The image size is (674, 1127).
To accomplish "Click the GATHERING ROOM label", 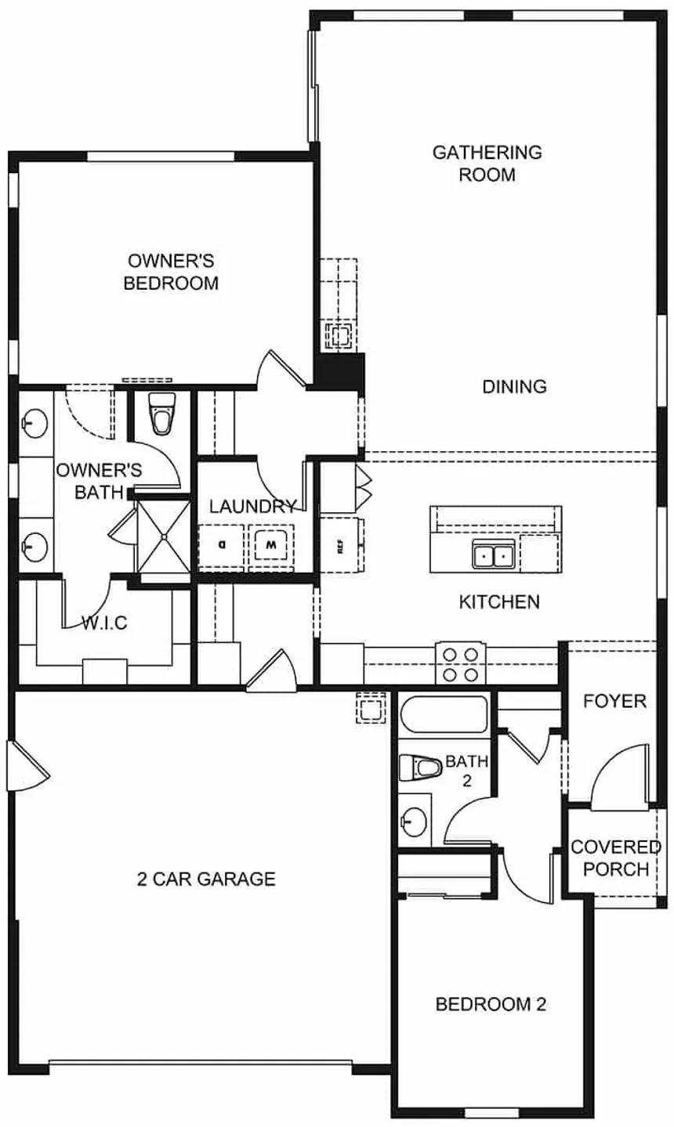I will (487, 163).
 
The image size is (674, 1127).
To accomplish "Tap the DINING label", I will (514, 386).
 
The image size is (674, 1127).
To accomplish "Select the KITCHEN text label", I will (499, 601).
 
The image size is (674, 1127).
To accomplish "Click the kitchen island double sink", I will (493, 554).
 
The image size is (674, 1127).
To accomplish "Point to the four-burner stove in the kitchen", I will (461, 663).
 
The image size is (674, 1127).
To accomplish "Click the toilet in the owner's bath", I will (162, 414).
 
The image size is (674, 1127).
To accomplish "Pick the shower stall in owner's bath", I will (164, 536).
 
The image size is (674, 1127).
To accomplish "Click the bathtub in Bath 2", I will (444, 714).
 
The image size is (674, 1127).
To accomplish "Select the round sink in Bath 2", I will (414, 821).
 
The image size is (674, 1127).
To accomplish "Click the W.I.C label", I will (104, 623).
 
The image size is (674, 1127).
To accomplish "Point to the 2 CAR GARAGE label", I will (206, 879).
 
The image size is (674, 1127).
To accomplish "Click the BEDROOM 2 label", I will (491, 1004).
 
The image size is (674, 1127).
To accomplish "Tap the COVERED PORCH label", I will (615, 858).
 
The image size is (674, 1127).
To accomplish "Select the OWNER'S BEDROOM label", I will (171, 272).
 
